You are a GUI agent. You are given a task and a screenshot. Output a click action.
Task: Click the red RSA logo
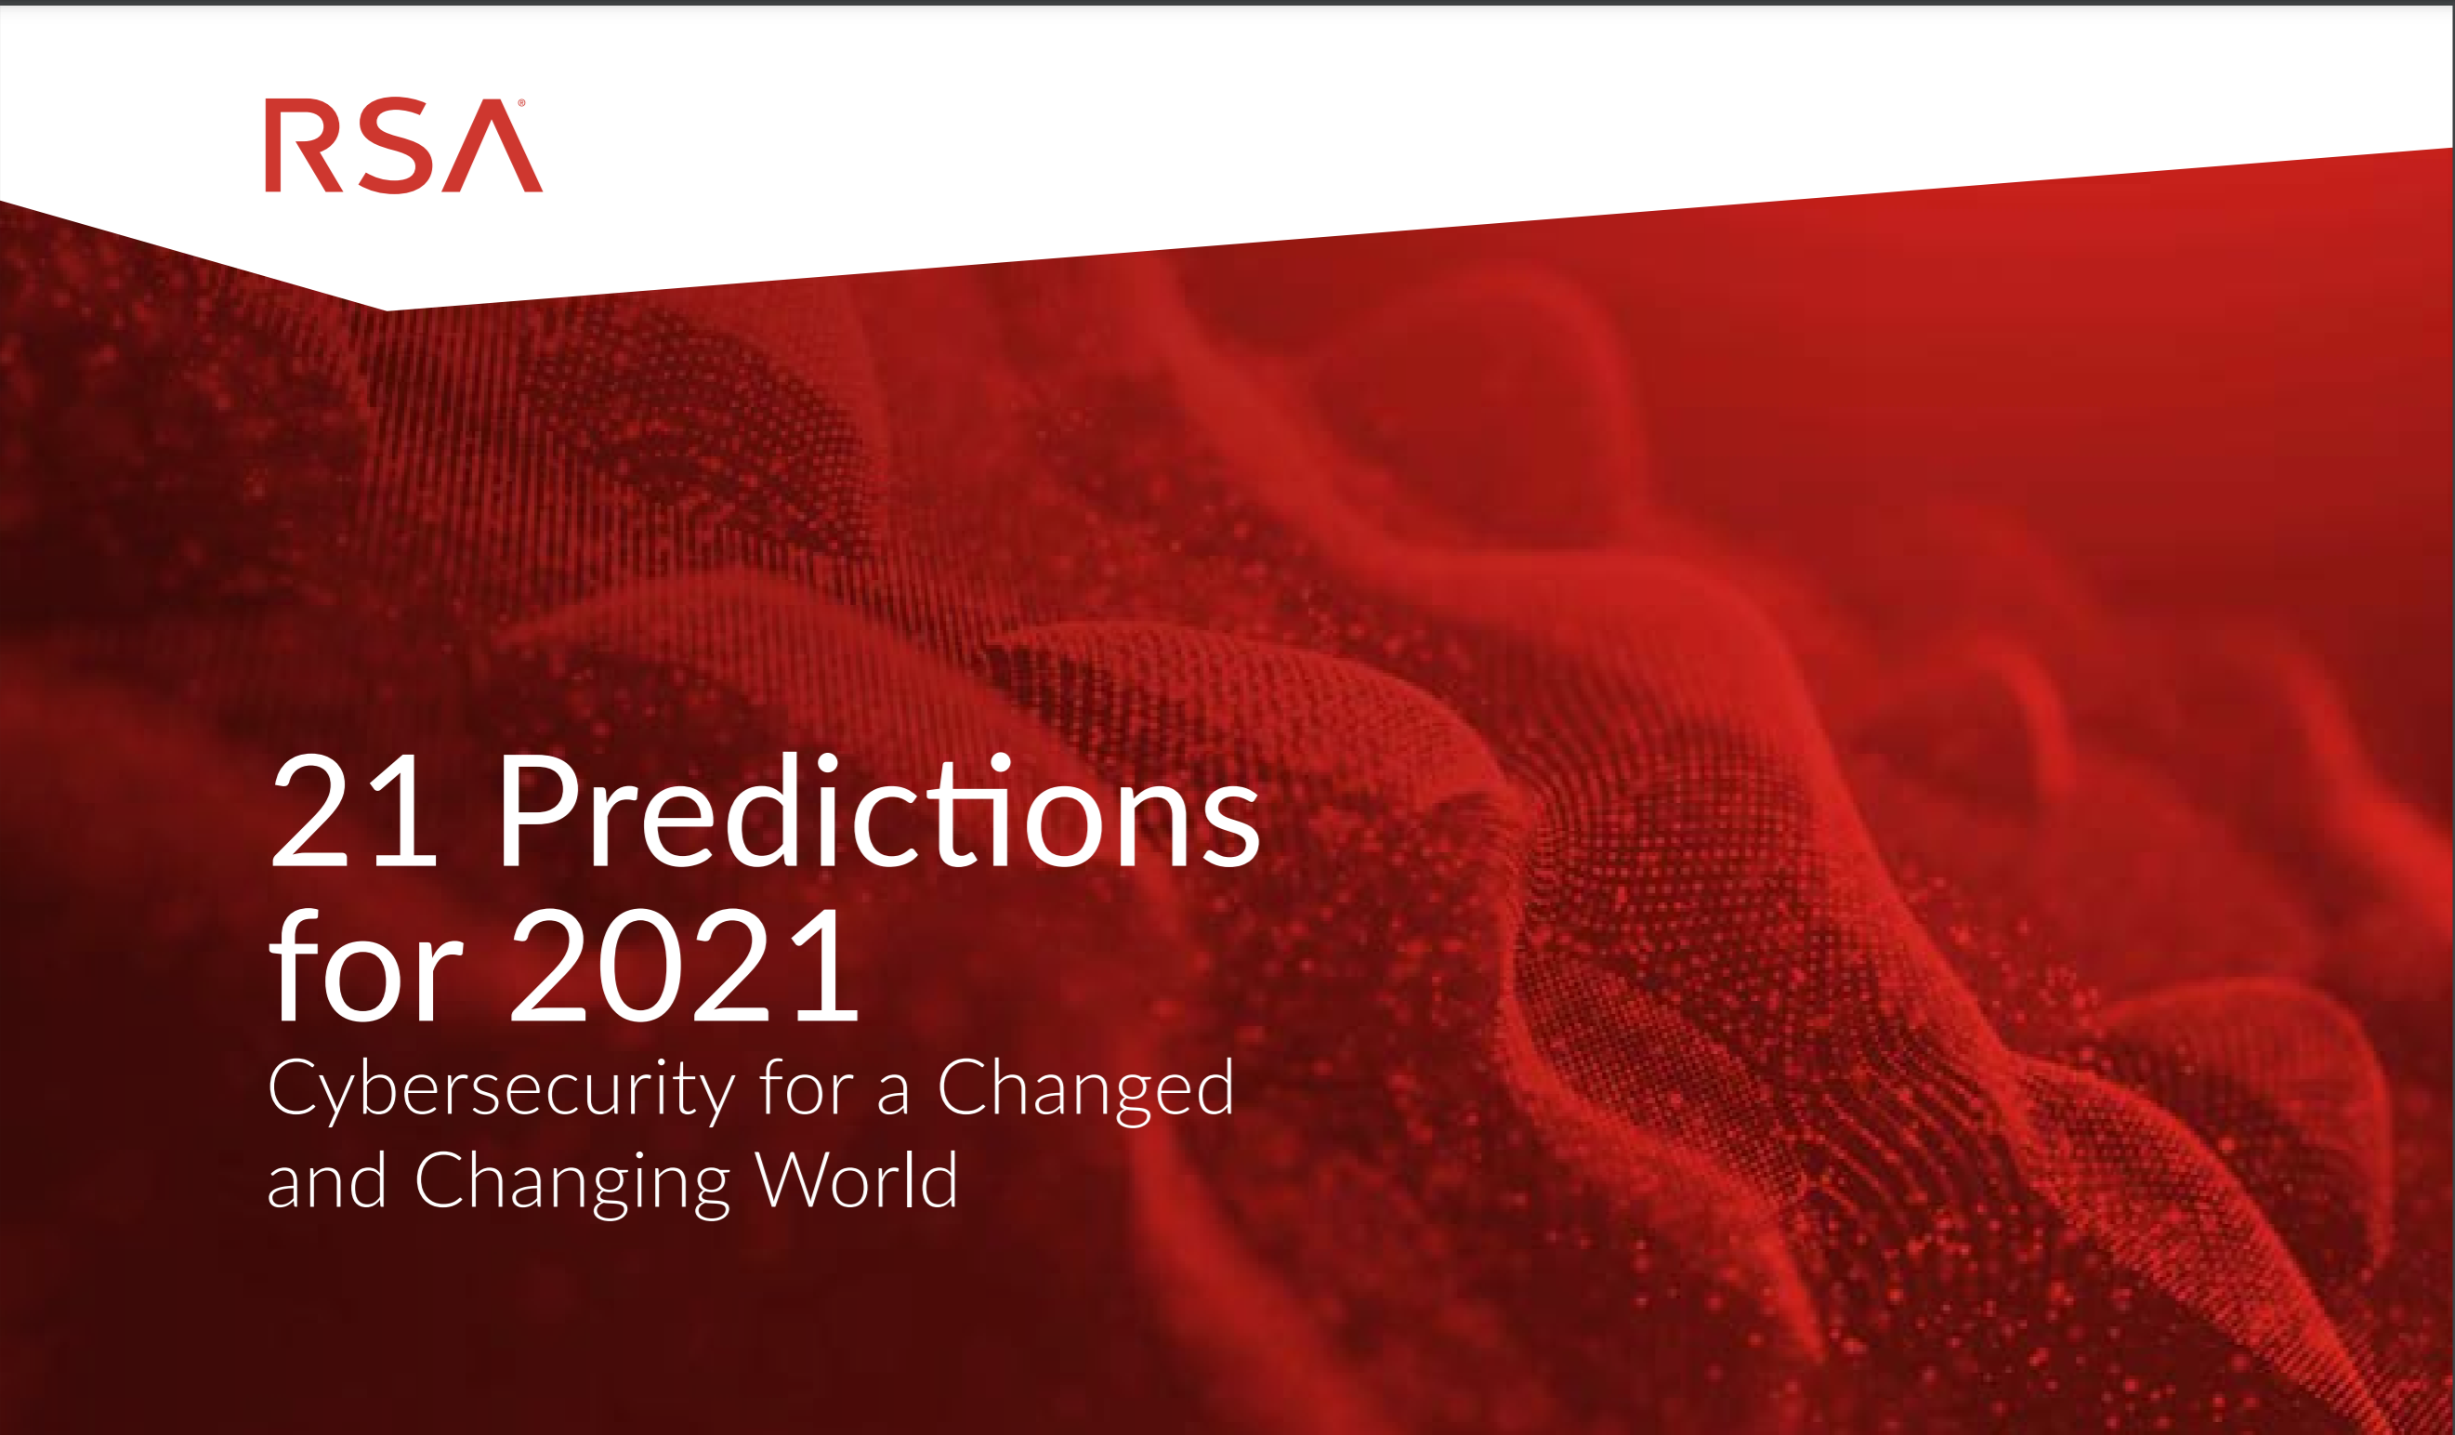(403, 145)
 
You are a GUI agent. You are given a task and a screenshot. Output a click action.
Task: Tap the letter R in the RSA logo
(303, 145)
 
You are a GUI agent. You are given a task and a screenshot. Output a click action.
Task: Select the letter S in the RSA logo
(395, 145)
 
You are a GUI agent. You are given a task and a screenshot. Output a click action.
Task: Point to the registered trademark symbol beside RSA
(521, 102)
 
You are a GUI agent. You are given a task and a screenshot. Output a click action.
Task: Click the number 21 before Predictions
(353, 810)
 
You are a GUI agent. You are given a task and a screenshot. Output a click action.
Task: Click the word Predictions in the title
(880, 810)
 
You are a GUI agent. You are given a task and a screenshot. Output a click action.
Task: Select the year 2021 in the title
(685, 964)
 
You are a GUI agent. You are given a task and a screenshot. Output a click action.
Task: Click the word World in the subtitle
(858, 1178)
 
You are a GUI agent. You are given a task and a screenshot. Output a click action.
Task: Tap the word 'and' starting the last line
(327, 1179)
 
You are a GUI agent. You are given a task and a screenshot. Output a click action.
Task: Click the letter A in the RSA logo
(492, 145)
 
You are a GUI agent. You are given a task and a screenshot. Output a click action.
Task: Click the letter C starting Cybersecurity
(295, 1086)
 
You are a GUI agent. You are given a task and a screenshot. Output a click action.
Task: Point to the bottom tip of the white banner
(387, 310)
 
